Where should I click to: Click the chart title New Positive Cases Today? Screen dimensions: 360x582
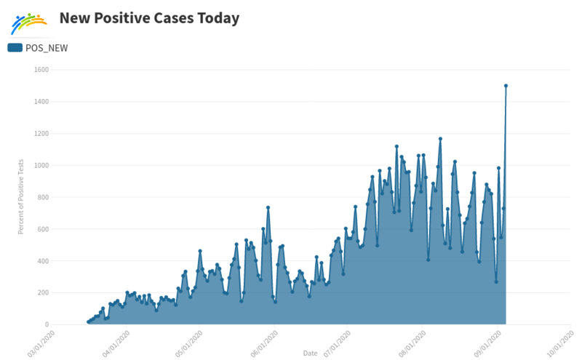coord(149,18)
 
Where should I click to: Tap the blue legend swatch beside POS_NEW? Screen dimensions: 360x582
coord(15,48)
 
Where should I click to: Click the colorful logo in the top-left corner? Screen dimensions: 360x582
coord(29,24)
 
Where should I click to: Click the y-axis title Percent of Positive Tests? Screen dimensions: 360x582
coord(22,197)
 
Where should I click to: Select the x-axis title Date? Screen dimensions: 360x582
coord(310,353)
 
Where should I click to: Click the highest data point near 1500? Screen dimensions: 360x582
coord(506,86)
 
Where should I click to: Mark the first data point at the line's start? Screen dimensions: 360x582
coord(88,322)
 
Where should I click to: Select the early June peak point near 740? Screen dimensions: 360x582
coord(268,207)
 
